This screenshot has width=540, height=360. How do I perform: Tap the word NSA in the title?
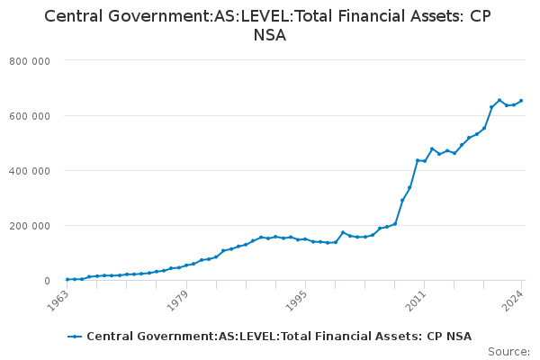point(270,35)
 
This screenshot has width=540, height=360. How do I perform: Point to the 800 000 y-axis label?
point(30,61)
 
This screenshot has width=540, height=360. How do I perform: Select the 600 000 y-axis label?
point(30,116)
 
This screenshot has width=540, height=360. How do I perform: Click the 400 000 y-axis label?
point(30,171)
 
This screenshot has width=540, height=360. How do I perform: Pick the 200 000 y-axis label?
point(30,226)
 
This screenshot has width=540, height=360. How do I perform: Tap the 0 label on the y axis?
point(47,281)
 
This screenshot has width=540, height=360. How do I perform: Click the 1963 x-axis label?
point(58,301)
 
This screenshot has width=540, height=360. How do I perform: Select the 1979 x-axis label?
point(177,301)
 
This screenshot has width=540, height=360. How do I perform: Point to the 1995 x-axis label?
point(297,301)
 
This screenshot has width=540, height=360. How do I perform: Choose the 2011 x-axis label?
point(416,301)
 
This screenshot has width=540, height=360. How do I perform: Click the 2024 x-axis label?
point(513,301)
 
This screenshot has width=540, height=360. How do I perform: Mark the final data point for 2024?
point(521,101)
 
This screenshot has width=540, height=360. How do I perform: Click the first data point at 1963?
point(67,279)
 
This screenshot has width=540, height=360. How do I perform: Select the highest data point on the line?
point(499,100)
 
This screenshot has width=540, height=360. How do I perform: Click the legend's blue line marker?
point(75,337)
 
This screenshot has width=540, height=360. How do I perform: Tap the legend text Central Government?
point(152,337)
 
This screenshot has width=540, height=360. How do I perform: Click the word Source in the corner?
point(508,352)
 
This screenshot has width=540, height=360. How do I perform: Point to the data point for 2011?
point(425,161)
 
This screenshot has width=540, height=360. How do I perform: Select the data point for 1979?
point(186,265)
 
